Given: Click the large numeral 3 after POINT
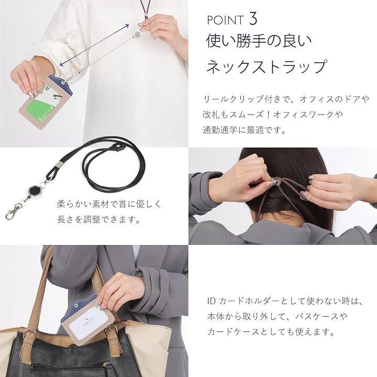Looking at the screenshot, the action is click(x=253, y=19).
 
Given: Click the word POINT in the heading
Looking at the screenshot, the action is click(x=225, y=20).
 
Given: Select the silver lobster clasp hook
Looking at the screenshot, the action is click(x=12, y=212).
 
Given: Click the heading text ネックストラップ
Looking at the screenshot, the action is click(x=267, y=66).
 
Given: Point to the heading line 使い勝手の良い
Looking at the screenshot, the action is click(x=259, y=40).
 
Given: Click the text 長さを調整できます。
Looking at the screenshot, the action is click(x=99, y=219).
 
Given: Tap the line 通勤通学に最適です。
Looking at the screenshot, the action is click(x=245, y=130).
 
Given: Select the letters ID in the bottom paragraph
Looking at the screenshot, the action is click(x=212, y=301).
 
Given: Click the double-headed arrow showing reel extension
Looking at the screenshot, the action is click(x=94, y=45).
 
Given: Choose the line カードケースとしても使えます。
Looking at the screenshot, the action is click(x=271, y=332).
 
